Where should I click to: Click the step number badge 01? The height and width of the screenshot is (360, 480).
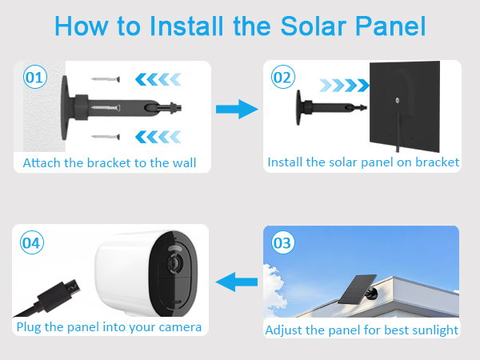pos(34,78)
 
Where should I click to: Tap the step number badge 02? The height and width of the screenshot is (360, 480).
pos(282,78)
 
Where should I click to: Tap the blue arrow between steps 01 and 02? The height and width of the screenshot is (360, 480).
pos(238,110)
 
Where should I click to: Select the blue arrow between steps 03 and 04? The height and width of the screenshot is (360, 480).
pos(238,281)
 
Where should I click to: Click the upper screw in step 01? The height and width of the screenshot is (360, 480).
pos(105,79)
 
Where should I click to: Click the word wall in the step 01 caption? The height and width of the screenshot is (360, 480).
pos(183,162)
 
